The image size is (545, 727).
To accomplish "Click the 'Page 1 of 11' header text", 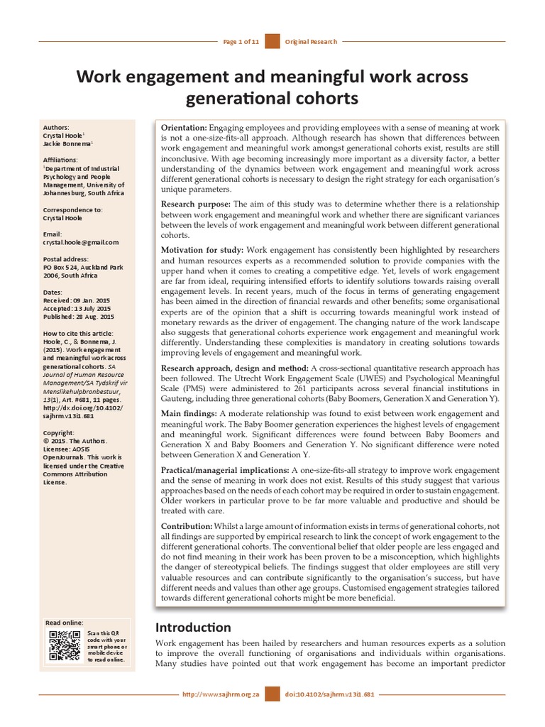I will pos(241,43).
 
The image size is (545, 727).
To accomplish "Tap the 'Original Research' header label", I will pos(310,43).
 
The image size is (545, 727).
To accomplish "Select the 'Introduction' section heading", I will pos(193,628).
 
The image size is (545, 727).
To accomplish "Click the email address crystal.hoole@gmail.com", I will pos(81,242).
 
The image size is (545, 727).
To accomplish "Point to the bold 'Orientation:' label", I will pos(184,127).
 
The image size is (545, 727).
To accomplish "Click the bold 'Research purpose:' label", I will pos(196,204).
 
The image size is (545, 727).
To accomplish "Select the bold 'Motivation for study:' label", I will pos(202,251).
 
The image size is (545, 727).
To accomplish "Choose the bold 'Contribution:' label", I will pos(187,525).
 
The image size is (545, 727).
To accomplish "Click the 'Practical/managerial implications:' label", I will pos(225,470).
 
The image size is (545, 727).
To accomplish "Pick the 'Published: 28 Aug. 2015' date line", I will pos(78,317).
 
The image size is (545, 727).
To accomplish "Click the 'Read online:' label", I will pos(64,622).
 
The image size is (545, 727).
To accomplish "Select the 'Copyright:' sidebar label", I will pos(58,432).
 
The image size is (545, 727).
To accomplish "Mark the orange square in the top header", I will pos(272,43).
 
